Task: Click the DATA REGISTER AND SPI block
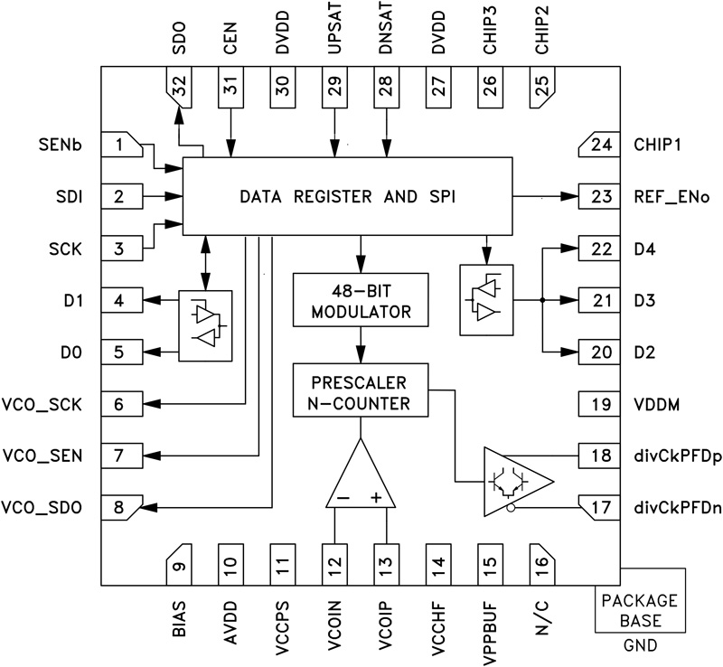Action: click(x=347, y=196)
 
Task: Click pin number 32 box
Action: click(x=180, y=88)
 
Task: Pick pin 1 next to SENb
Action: click(x=120, y=145)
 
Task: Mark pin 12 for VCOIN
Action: click(x=335, y=567)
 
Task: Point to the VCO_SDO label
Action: click(x=43, y=507)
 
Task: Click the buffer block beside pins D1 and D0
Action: click(x=205, y=325)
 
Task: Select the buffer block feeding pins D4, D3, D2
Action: click(x=485, y=299)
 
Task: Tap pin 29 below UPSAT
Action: click(x=335, y=88)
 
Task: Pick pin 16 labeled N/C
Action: click(x=542, y=567)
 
